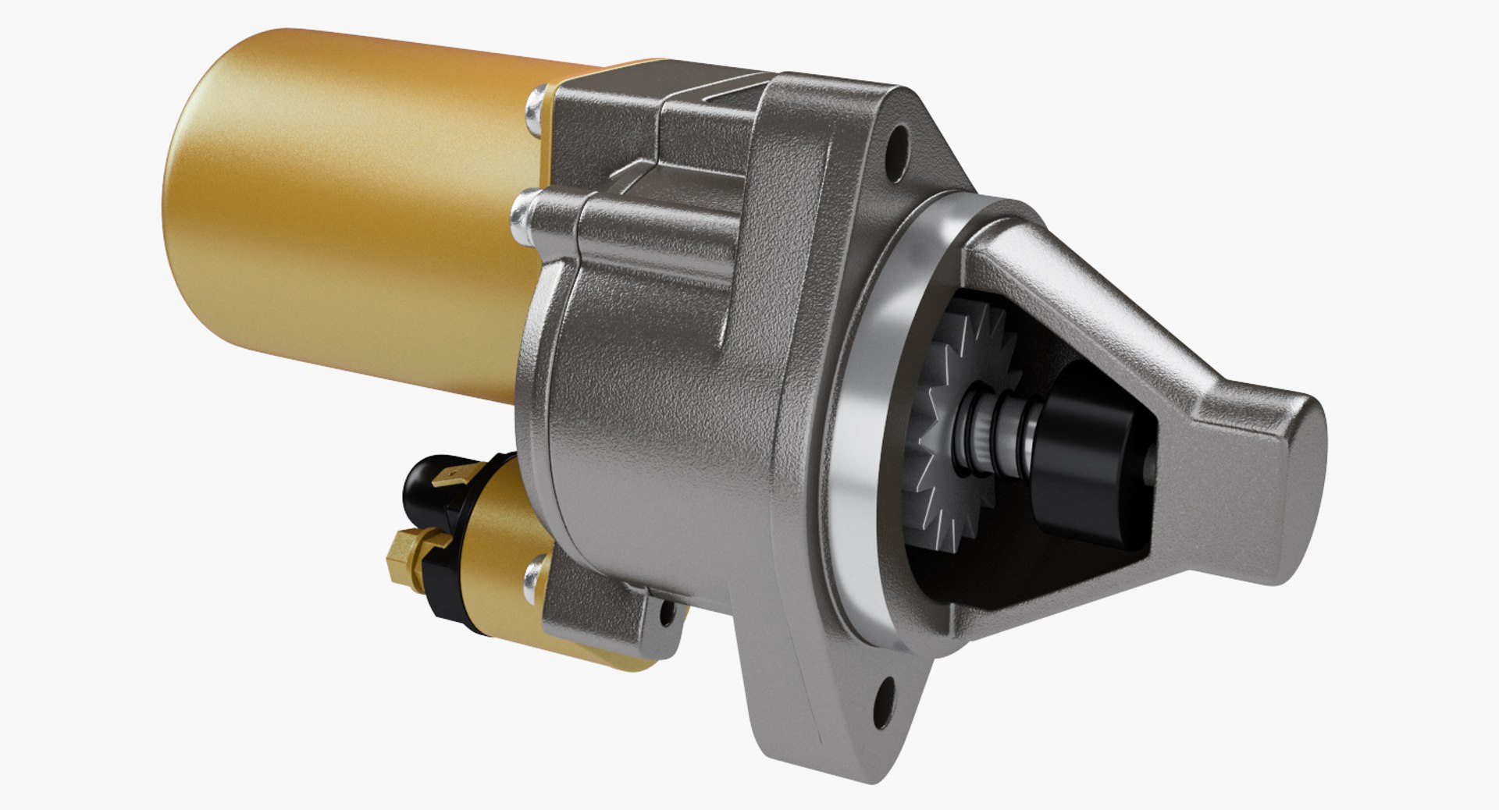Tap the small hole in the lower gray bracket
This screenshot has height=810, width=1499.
[x=668, y=614]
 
